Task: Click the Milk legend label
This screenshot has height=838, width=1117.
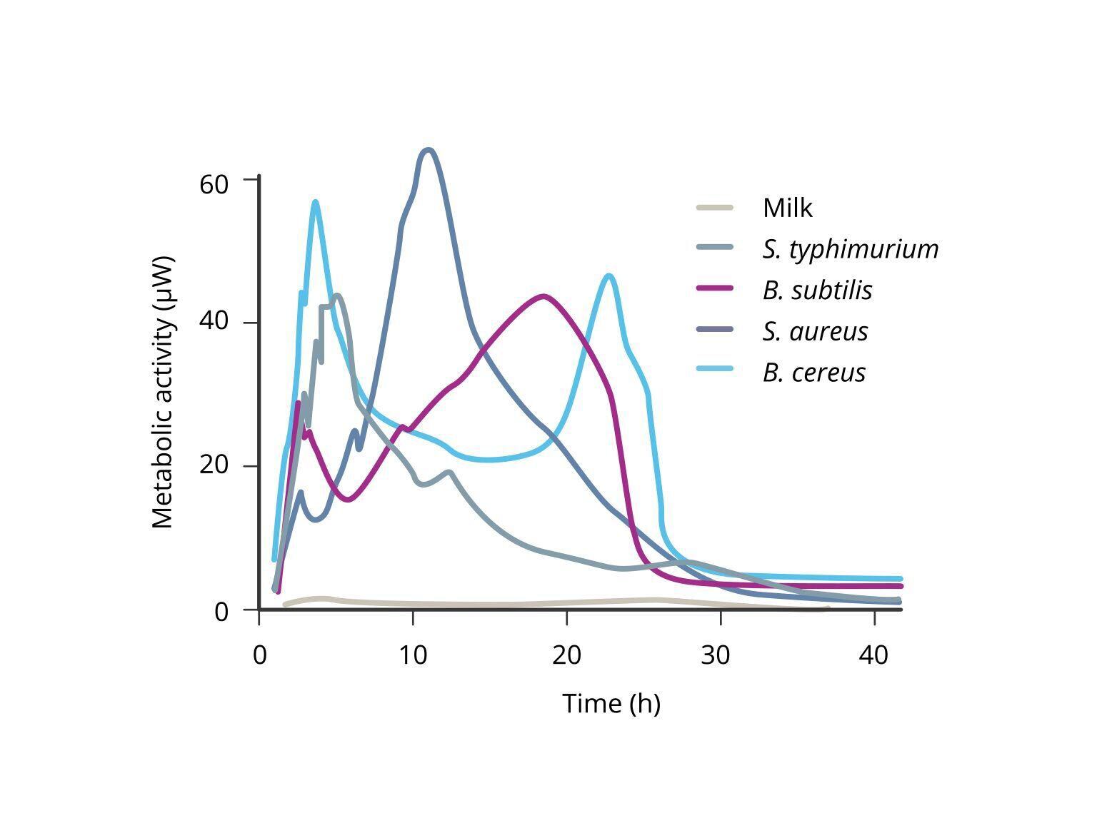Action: tap(787, 208)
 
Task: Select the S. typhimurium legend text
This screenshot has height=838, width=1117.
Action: tap(850, 249)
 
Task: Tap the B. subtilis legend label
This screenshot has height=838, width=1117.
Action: tap(817, 291)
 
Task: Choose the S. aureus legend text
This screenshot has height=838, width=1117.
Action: tap(815, 331)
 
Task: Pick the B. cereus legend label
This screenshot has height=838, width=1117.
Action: tap(813, 373)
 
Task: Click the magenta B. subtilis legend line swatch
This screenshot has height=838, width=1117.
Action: tap(714, 288)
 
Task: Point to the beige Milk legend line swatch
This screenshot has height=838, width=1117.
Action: tap(714, 208)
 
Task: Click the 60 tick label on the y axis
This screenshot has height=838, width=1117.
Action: tap(214, 185)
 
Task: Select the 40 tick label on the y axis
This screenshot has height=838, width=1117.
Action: tap(214, 322)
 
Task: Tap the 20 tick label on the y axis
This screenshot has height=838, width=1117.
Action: tap(214, 465)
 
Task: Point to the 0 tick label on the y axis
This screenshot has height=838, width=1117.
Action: tap(221, 612)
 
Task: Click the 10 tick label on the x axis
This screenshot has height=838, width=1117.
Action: tap(413, 655)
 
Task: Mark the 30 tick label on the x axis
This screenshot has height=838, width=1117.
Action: tap(715, 655)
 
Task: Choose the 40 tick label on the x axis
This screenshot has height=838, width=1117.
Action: tap(873, 655)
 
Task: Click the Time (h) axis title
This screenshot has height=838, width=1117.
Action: tap(611, 703)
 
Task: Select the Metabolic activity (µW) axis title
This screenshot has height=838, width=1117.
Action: tap(163, 393)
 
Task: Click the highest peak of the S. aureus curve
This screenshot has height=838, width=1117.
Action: tap(428, 150)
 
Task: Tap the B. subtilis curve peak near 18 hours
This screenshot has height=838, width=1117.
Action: tap(544, 296)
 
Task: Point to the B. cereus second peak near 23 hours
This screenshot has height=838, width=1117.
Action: tap(608, 276)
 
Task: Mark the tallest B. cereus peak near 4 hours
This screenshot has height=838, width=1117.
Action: tap(315, 202)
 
